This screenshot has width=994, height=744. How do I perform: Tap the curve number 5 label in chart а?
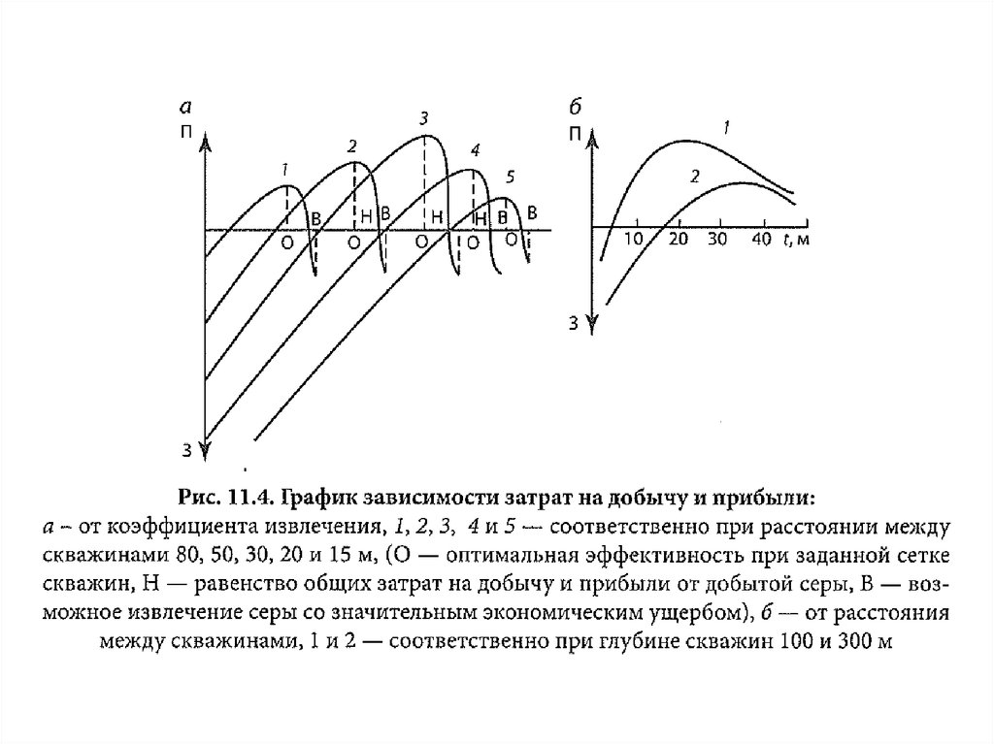[512, 176]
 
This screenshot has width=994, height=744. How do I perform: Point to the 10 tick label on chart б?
[634, 240]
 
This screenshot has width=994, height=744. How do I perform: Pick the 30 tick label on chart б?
[718, 240]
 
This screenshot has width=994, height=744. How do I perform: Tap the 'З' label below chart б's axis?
[574, 323]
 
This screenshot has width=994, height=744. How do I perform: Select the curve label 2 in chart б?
[695, 176]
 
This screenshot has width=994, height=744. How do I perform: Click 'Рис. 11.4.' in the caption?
[225, 499]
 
